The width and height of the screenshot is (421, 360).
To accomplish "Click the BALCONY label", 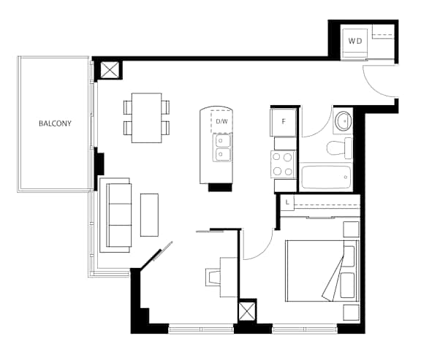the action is tap(55, 123).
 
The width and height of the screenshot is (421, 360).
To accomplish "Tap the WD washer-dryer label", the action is tap(355, 41).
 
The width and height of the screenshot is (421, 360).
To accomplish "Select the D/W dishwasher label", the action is tap(221, 121).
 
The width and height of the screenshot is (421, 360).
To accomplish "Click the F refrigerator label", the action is tap(284, 122).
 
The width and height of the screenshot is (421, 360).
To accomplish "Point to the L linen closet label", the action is tap(287, 202).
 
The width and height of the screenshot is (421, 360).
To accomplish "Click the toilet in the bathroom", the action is tap(339, 148).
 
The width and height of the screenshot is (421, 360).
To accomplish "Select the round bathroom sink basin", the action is tap(344, 121).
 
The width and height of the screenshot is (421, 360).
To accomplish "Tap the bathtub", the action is tap(326, 177).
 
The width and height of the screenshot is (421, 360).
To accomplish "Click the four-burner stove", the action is tap(283, 164).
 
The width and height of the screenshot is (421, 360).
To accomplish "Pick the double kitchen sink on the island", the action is tap(221, 148).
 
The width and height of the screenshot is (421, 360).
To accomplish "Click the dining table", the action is tap(147, 118).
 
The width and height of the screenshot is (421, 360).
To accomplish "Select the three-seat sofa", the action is tap(115, 215).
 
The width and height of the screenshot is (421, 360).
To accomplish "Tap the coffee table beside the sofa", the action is tap(149, 215).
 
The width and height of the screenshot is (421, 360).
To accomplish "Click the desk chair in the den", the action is tap(213, 277).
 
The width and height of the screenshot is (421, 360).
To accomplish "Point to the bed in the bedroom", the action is tap(322, 271).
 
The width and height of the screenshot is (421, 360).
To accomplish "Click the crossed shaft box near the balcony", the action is tap(110, 70).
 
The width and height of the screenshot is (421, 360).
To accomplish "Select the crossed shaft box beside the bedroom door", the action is tap(247, 312).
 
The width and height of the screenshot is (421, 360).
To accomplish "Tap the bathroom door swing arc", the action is tap(322, 129).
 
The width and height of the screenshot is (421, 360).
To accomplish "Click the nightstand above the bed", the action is tap(351, 229).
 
